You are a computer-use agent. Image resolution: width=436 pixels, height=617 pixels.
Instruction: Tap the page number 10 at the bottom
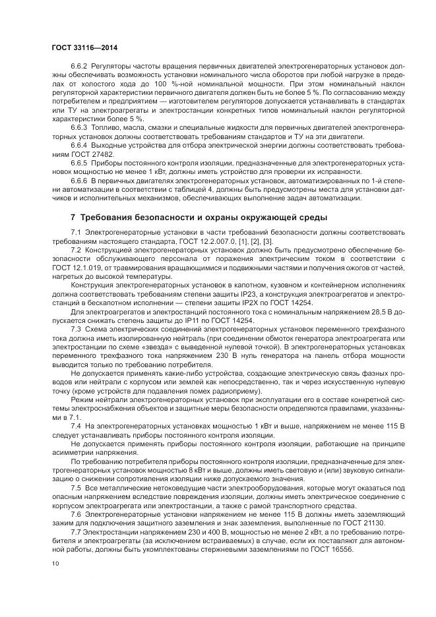55,564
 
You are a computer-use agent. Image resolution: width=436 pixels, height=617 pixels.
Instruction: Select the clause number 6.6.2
79,67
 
